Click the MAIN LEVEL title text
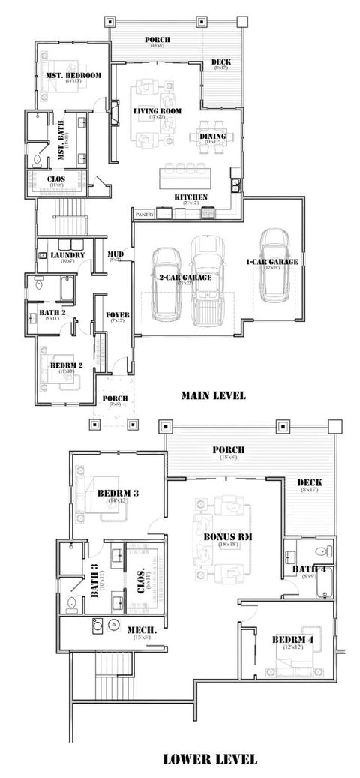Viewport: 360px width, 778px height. point(213,395)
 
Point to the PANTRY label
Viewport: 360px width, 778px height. point(144,215)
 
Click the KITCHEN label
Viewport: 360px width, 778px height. point(190,197)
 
